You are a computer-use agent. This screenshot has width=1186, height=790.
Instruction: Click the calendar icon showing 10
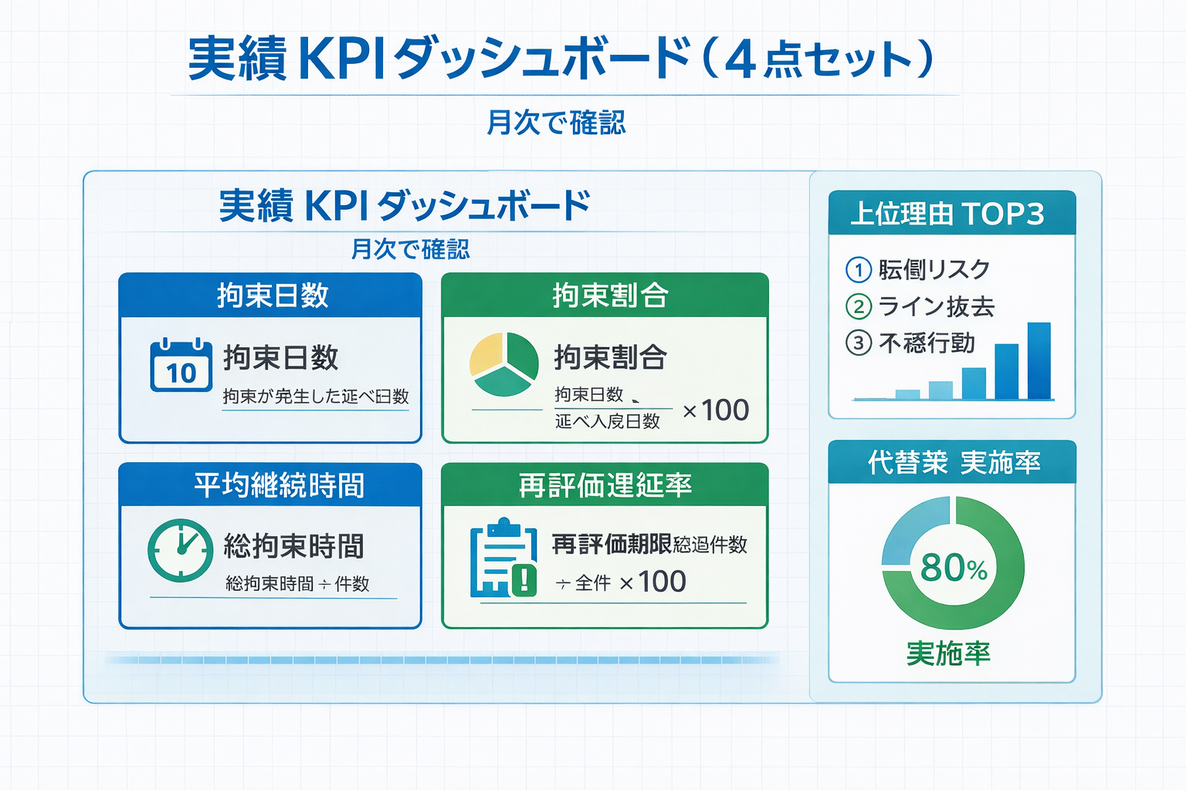(181, 365)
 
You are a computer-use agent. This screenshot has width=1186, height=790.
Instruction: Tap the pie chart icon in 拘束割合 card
(503, 364)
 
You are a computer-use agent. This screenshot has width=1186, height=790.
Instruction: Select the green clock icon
(180, 550)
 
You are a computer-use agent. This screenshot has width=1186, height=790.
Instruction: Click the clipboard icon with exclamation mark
(503, 558)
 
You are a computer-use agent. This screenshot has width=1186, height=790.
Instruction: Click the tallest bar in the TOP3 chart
(1039, 360)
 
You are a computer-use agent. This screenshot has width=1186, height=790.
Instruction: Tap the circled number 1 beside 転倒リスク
(858, 270)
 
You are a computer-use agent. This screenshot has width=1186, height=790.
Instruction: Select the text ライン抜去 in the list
(937, 306)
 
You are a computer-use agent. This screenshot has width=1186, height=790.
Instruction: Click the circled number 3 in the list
(858, 343)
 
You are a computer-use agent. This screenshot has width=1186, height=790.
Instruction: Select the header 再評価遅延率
(605, 485)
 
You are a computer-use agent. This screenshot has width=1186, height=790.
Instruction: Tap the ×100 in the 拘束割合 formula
(716, 410)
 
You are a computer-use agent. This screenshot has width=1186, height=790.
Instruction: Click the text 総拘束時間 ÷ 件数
(297, 584)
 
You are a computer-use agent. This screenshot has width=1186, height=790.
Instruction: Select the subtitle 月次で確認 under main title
(556, 122)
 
